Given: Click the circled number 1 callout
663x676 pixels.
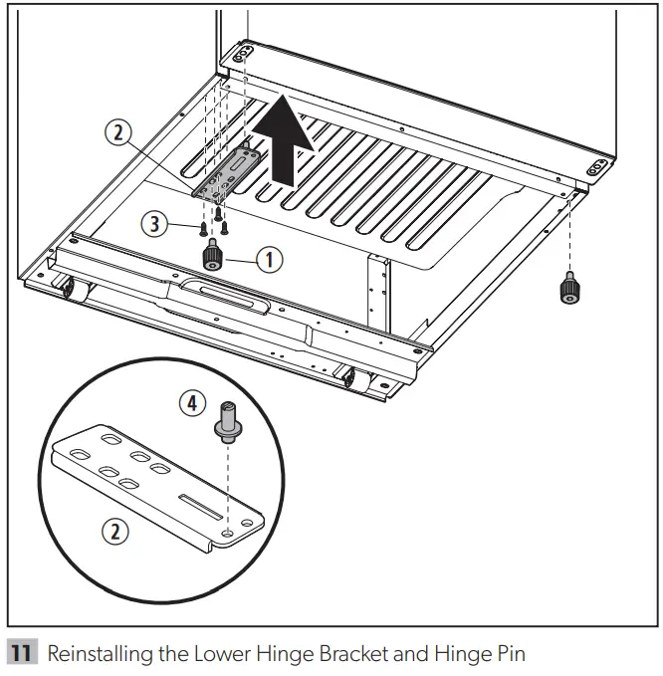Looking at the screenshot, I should pos(268,259).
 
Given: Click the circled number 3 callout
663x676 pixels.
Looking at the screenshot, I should pos(154,226).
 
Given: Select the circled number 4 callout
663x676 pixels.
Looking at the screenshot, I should pos(191,404).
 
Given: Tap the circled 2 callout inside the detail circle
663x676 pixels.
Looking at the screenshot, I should pos(117,531).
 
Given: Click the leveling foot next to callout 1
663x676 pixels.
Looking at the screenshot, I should pos(212,258).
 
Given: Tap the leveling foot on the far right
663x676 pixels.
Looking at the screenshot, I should pos(569,290).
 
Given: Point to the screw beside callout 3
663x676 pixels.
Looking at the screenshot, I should pos(203,229).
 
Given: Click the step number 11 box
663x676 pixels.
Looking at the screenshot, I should pos(23,653).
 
